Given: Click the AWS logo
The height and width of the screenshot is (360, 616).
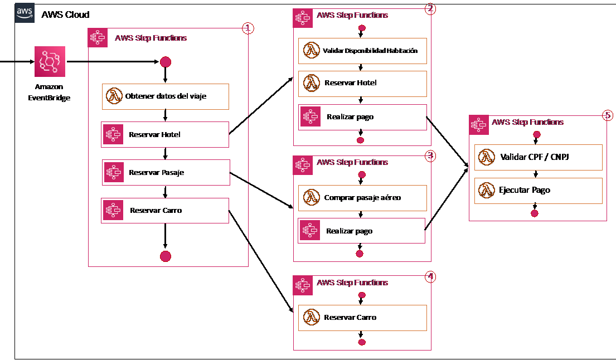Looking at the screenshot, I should pyautogui.click(x=25, y=13).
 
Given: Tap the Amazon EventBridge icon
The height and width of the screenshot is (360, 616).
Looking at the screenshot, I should pyautogui.click(x=50, y=61).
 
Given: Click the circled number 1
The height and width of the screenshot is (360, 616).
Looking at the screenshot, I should pyautogui.click(x=248, y=28).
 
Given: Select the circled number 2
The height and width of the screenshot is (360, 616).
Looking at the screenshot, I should pyautogui.click(x=430, y=8).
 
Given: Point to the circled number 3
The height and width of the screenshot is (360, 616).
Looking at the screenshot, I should pyautogui.click(x=430, y=156).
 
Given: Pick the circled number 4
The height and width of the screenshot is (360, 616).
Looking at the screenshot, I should pyautogui.click(x=430, y=276).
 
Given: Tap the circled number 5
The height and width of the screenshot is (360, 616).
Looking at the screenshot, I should pyautogui.click(x=608, y=115).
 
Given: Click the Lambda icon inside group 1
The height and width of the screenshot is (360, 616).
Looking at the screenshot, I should pyautogui.click(x=115, y=96).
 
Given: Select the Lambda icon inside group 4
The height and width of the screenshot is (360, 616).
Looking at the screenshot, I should pyautogui.click(x=311, y=318).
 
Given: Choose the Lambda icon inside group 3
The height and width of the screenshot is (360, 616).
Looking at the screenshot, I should pyautogui.click(x=311, y=197).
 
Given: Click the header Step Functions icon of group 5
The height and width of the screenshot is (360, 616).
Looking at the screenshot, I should pyautogui.click(x=479, y=125).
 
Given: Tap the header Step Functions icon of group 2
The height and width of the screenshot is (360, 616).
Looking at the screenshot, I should pyautogui.click(x=303, y=18).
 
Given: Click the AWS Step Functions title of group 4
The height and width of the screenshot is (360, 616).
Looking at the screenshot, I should pyautogui.click(x=352, y=283).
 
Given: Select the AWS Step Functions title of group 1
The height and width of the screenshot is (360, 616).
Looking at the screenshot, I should pyautogui.click(x=151, y=38).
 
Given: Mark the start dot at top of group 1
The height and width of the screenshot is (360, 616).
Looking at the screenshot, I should pyautogui.click(x=166, y=62).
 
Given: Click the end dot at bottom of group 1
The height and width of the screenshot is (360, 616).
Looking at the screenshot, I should pyautogui.click(x=166, y=256).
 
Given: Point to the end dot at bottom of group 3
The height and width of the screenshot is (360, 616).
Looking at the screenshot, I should pyautogui.click(x=360, y=254).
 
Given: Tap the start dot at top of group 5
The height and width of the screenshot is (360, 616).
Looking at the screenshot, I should pyautogui.click(x=537, y=134).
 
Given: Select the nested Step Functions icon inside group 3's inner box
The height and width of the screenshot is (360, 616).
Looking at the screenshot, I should pyautogui.click(x=310, y=231).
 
